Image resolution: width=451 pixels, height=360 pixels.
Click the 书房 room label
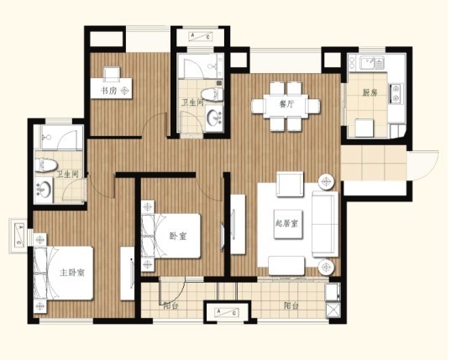coord(108,90)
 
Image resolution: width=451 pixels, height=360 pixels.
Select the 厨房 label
coord(369,93)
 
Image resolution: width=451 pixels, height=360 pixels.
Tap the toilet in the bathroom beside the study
coord(210,94)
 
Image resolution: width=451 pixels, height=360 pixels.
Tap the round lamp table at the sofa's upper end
coord(326,180)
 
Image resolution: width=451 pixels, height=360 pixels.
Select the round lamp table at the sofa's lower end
coord(326,267)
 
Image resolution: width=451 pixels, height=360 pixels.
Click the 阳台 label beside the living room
coord(291,305)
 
